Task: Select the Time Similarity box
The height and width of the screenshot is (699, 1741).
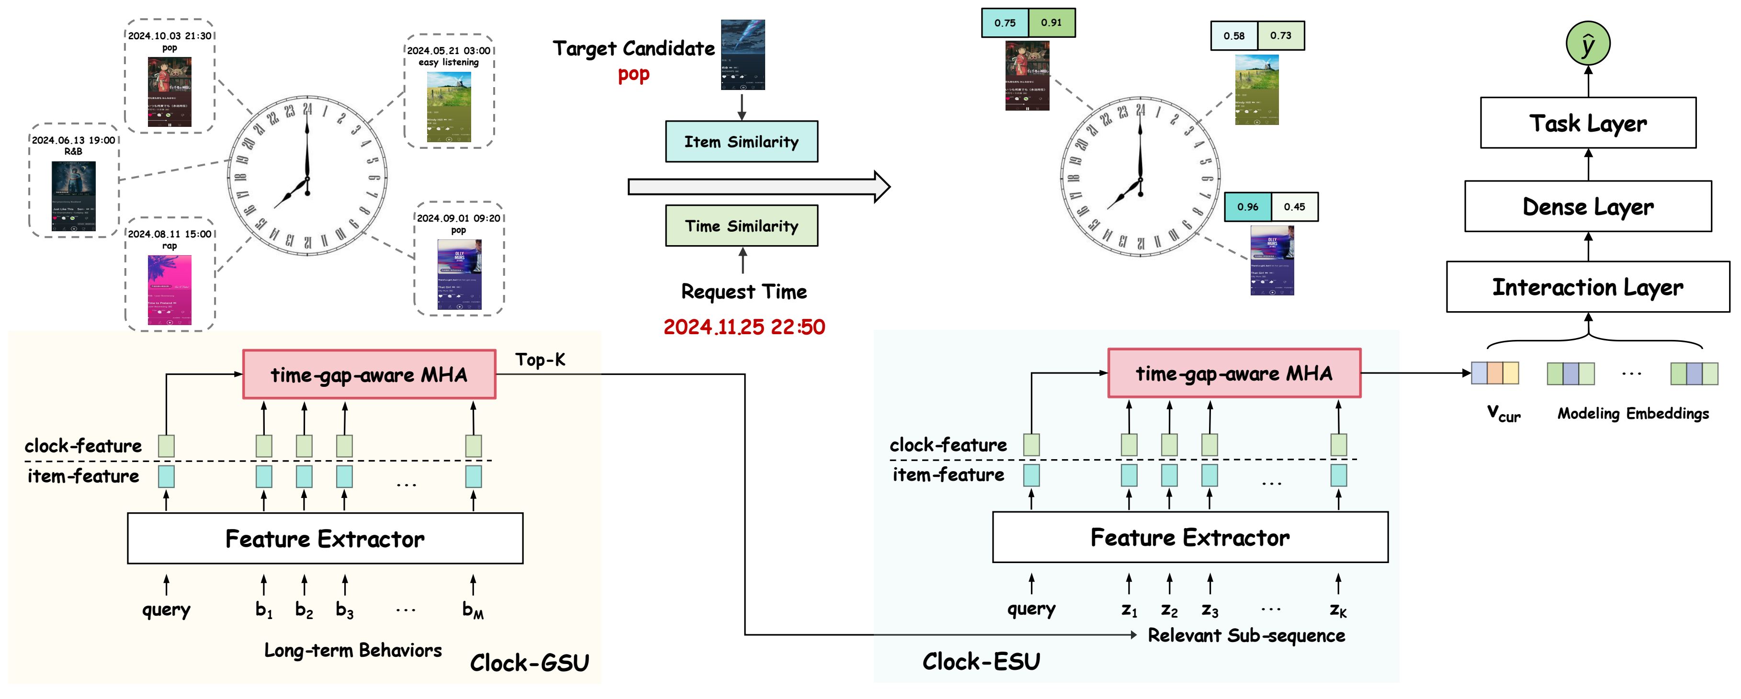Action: [x=741, y=226]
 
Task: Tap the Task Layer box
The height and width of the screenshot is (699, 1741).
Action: [x=1588, y=123]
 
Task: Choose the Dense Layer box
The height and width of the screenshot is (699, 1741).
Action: [x=1588, y=206]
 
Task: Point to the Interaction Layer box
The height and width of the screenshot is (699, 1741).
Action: [x=1588, y=287]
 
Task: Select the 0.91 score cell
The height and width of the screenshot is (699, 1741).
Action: [x=1051, y=23]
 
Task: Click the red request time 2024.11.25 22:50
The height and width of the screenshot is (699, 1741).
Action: [x=744, y=327]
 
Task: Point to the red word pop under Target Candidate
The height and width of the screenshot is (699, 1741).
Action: [x=633, y=74]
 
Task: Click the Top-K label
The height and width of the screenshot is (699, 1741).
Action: [x=540, y=360]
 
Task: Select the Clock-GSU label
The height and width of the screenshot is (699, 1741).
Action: [x=529, y=663]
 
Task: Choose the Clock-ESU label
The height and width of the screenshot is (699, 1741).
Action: [x=981, y=661]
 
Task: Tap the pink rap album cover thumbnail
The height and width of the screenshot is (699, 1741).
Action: [x=170, y=289]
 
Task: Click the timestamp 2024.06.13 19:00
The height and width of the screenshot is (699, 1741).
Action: [x=74, y=140]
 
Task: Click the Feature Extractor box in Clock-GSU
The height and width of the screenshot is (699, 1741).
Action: [x=325, y=538]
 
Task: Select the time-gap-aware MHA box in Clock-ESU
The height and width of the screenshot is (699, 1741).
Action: [x=1234, y=373]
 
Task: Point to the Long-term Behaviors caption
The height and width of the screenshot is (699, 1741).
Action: [x=353, y=650]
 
